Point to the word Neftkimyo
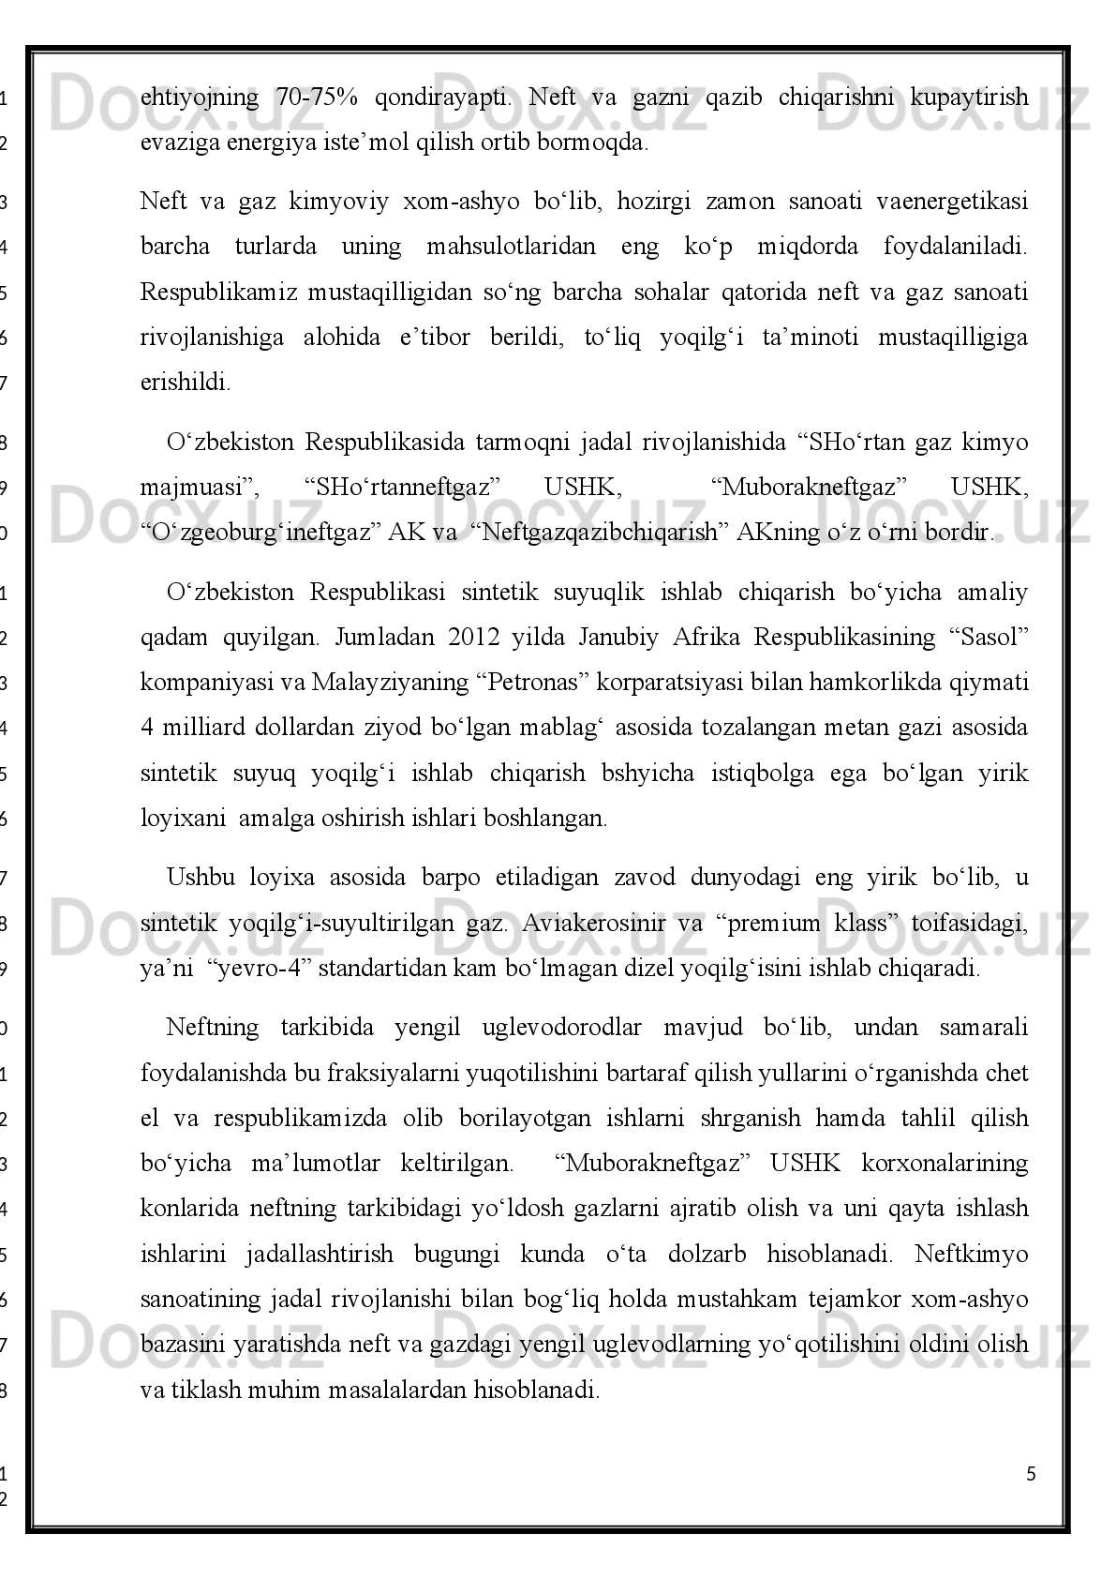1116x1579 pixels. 972,1255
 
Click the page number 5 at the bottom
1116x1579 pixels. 1032,1475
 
